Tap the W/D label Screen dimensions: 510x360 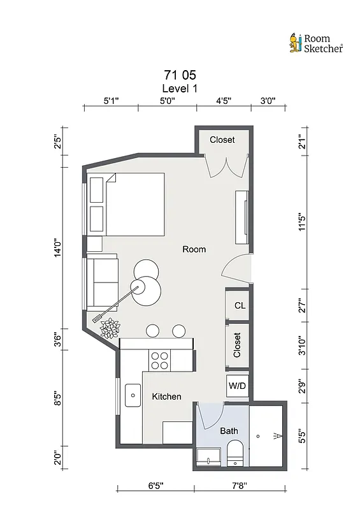pyautogui.click(x=238, y=386)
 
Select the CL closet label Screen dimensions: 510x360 pyautogui.click(x=239, y=306)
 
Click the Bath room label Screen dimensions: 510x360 pyautogui.click(x=229, y=431)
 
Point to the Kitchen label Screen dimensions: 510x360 pyautogui.click(x=166, y=397)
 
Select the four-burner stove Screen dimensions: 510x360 pyautogui.click(x=159, y=361)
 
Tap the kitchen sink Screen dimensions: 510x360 pyautogui.click(x=133, y=395)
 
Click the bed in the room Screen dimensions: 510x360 pyautogui.click(x=134, y=205)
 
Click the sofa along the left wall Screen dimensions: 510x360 pyautogui.click(x=102, y=281)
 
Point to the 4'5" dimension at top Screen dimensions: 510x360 pyautogui.click(x=224, y=100)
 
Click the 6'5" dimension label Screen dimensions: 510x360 pyautogui.click(x=155, y=486)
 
